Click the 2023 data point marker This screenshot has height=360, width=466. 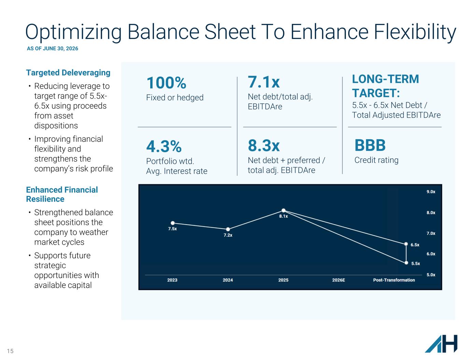[x=173, y=223]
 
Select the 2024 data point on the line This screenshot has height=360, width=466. [x=228, y=229]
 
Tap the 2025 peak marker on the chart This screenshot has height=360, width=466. [x=283, y=211]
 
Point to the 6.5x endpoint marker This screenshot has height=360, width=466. [x=406, y=244]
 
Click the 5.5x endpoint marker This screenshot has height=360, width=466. [x=406, y=263]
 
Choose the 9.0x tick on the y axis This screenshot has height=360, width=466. [x=431, y=192]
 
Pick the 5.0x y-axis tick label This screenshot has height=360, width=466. [x=431, y=275]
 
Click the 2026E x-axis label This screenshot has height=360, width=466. [x=339, y=280]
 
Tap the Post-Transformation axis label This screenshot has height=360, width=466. [x=394, y=280]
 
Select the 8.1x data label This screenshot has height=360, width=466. [x=283, y=216]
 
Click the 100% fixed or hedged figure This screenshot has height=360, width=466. [x=166, y=83]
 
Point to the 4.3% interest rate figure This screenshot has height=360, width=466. [x=164, y=146]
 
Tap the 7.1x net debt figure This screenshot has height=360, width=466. [x=264, y=82]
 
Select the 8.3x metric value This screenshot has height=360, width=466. [x=264, y=145]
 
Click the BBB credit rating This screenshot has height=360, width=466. [x=370, y=145]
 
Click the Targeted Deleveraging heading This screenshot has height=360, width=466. [x=68, y=73]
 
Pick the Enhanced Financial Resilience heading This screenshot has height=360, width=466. [x=62, y=195]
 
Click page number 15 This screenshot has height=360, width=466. [x=10, y=351]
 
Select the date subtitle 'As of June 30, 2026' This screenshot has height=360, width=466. [x=52, y=49]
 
